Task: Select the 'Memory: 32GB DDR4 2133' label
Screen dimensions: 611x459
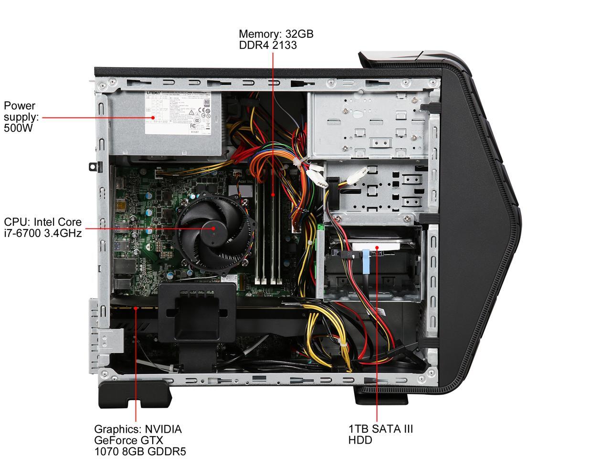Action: (x=276, y=39)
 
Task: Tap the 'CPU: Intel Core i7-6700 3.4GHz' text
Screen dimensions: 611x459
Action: (x=43, y=227)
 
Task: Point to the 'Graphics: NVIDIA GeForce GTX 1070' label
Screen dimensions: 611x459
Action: (x=139, y=440)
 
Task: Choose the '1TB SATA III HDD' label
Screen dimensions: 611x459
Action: (x=380, y=434)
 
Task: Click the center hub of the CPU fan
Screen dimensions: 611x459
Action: (x=213, y=229)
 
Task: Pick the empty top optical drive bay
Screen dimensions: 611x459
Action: (x=368, y=124)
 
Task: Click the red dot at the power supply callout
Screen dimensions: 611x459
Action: (x=153, y=117)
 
